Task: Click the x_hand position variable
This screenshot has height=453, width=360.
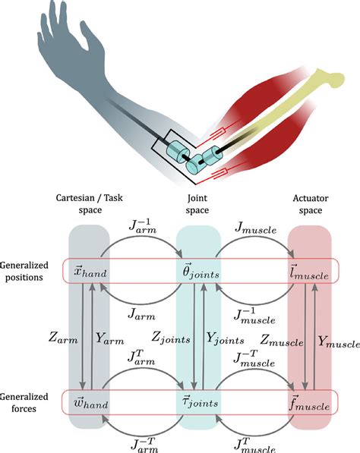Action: coord(93,272)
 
